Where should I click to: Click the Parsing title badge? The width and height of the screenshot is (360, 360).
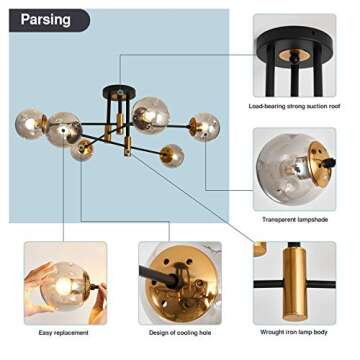(x=45, y=19)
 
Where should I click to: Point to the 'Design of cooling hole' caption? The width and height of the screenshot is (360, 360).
(x=179, y=333)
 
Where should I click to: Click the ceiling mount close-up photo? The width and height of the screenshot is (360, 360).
(x=294, y=55)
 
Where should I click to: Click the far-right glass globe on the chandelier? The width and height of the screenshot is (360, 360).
(x=205, y=125)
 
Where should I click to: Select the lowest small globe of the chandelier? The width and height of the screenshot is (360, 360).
(x=172, y=155)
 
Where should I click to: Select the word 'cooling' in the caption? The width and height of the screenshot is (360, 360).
(x=185, y=333)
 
